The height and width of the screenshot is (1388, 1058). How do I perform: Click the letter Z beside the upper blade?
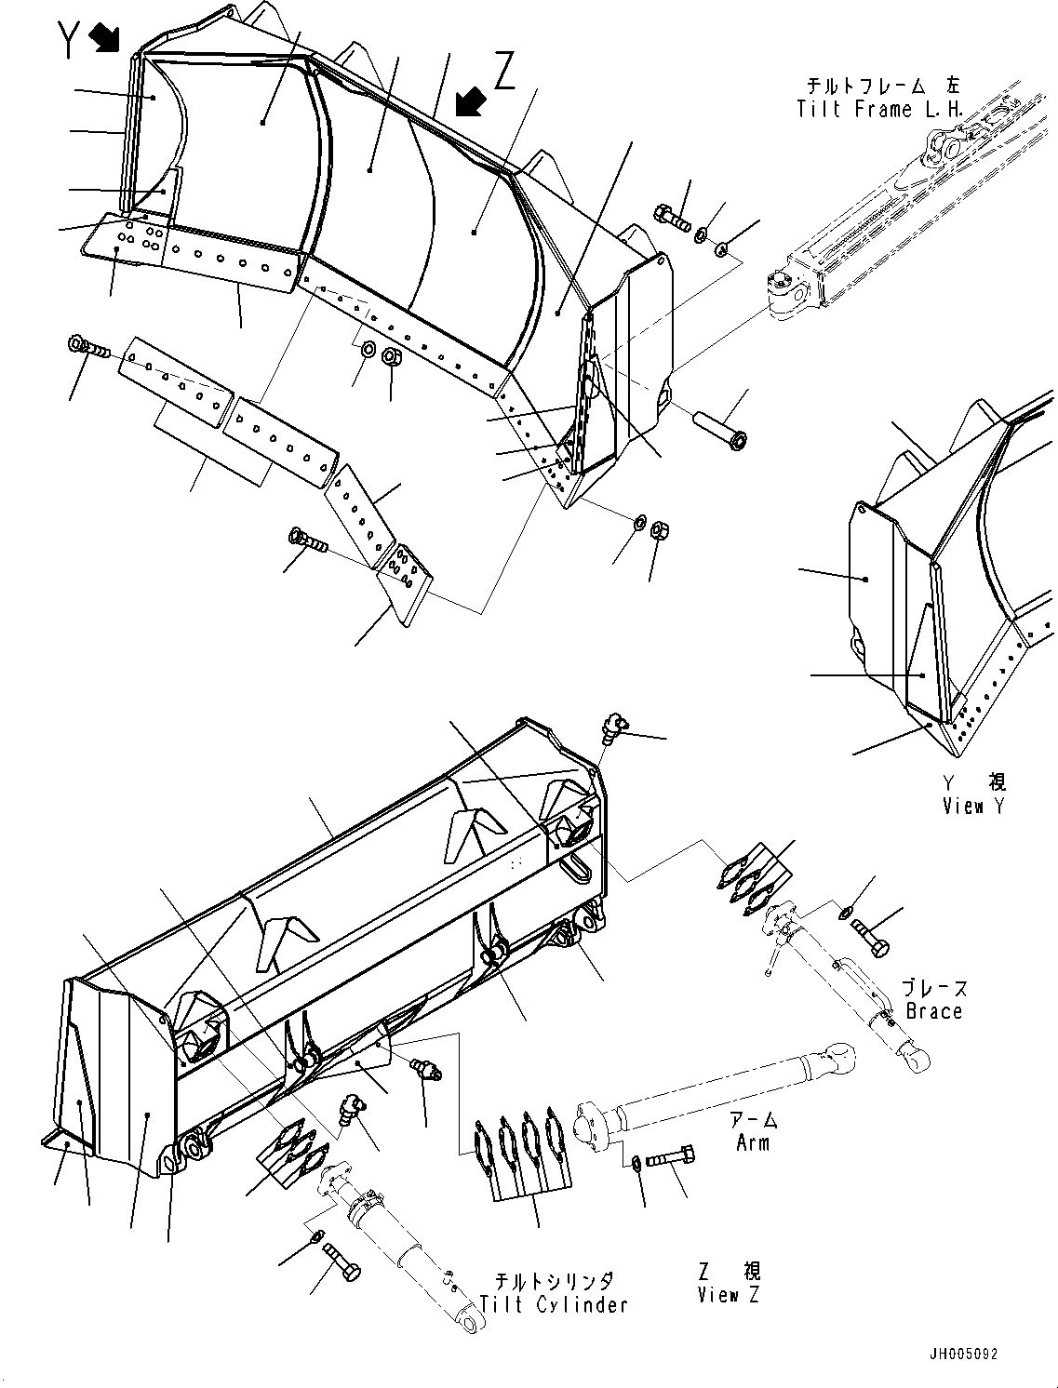pyautogui.click(x=504, y=70)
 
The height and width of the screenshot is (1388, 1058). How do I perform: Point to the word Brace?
pyautogui.click(x=932, y=1010)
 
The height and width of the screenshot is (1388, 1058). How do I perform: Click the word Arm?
pyautogui.click(x=752, y=1141)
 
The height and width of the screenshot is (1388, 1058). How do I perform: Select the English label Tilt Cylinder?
pyautogui.click(x=555, y=1304)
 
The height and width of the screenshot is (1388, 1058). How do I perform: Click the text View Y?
pyautogui.click(x=973, y=807)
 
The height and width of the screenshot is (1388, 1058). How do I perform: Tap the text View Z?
pyautogui.click(x=730, y=1294)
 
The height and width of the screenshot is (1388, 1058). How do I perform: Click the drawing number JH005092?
pyautogui.click(x=962, y=1355)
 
